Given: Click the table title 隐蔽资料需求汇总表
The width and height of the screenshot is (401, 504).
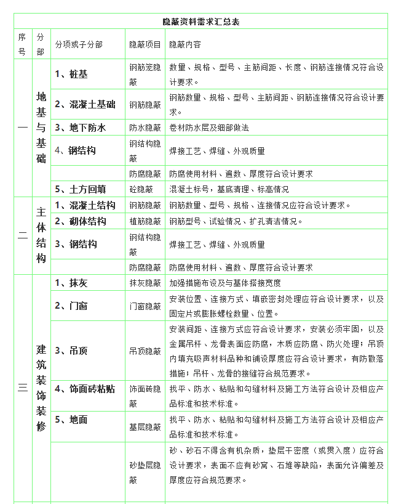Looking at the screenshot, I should pos(200,22).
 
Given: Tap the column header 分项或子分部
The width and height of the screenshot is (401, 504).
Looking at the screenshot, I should pos(79,45).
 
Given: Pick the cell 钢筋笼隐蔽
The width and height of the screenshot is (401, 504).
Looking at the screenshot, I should pos(145,74).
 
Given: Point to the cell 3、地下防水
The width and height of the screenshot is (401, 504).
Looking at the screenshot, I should pos(80,128).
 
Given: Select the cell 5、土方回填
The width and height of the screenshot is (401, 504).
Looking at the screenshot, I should pos(80,189).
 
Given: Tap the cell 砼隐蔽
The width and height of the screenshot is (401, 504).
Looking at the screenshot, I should pos(141,189).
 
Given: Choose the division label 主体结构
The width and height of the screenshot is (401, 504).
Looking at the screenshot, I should pos(41,235).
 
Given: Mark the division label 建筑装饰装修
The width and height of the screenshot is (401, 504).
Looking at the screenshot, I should pos(41,387).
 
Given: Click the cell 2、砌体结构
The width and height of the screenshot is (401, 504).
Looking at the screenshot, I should pos(80,221).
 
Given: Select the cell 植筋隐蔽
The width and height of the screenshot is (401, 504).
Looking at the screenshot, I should pos(145,221).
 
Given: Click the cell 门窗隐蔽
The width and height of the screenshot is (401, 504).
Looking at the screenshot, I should pos(145,306).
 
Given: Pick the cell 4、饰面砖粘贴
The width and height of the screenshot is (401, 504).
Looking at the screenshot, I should pos(84,389).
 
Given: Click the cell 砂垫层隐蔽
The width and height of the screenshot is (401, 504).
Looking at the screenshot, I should pos(145,472).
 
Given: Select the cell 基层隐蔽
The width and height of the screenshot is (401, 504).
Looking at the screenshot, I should pos(145,426).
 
